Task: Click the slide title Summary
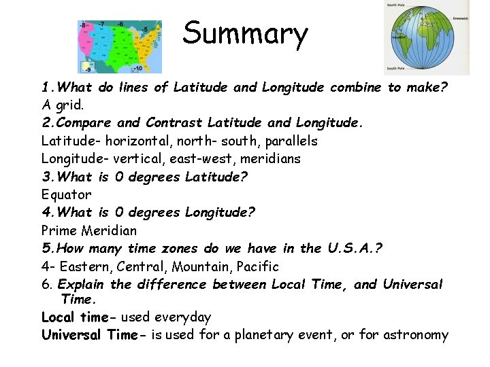click(245, 33)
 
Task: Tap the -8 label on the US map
click(84, 26)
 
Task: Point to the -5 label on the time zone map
click(144, 29)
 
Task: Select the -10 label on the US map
click(137, 68)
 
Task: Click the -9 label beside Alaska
click(86, 68)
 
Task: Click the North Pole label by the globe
click(397, 5)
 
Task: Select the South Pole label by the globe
click(397, 68)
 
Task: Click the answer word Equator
click(66, 194)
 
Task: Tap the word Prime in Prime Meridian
click(60, 230)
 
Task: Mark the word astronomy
click(416, 334)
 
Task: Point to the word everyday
click(183, 317)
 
